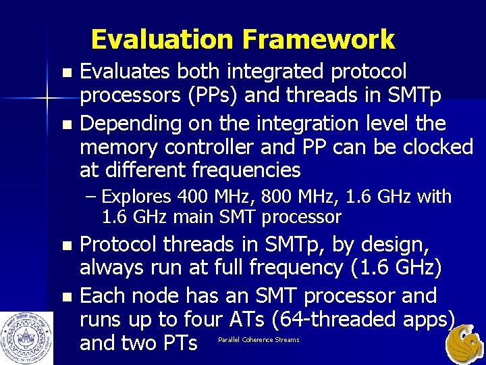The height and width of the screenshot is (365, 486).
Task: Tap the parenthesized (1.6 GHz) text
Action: [x=397, y=268]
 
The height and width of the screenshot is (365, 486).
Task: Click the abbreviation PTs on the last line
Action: [x=180, y=343]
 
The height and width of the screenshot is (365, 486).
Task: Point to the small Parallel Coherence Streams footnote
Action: [x=259, y=339]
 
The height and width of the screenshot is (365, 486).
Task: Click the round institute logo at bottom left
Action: [x=27, y=338]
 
